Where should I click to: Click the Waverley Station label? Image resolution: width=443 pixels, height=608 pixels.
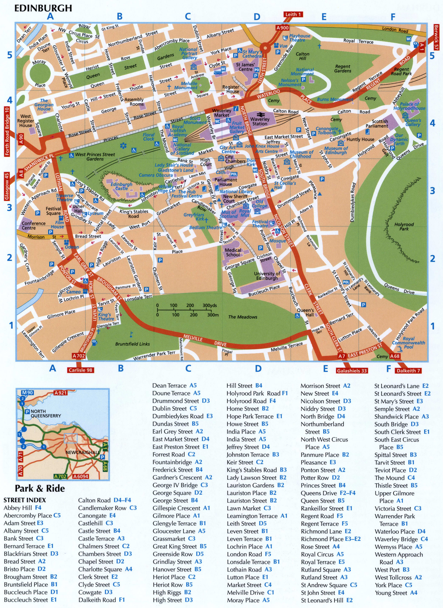click(x=260, y=121)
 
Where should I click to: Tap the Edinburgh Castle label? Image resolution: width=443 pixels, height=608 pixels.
click(x=122, y=186)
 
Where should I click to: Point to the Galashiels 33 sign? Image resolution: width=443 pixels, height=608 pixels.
click(x=352, y=371)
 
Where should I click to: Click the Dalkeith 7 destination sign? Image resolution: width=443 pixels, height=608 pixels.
click(x=408, y=371)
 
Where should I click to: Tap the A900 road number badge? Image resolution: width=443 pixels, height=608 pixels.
click(x=282, y=28)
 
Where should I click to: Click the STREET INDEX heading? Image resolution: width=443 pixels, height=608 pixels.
click(x=25, y=500)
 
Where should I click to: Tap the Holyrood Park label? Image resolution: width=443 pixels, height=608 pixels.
click(x=404, y=227)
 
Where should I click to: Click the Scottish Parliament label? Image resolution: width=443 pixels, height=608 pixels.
click(x=380, y=124)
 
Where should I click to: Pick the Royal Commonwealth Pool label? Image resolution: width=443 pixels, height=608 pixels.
click(x=408, y=343)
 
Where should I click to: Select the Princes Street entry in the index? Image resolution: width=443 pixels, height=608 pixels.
click(x=323, y=485)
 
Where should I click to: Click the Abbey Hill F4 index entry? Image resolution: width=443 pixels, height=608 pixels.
click(x=23, y=508)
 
